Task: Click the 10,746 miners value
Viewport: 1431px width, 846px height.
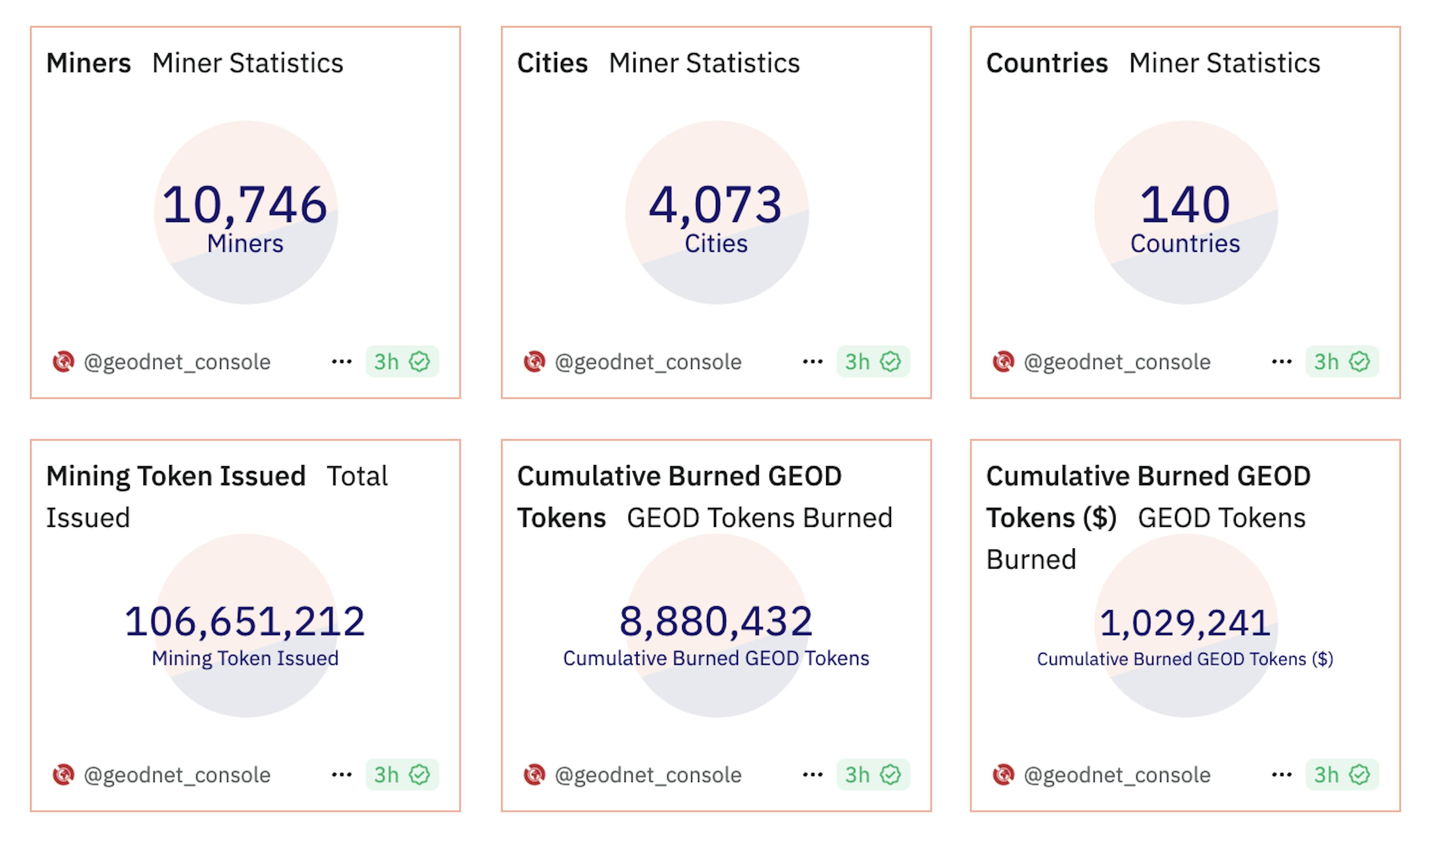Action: click(x=245, y=205)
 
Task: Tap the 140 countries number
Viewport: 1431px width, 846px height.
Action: click(x=1185, y=205)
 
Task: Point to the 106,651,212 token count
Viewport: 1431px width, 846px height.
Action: click(x=245, y=621)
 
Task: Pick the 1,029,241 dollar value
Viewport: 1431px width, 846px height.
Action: click(x=1185, y=623)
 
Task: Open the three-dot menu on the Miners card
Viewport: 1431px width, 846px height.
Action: click(x=342, y=362)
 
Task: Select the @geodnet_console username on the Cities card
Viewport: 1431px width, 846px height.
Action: click(x=648, y=362)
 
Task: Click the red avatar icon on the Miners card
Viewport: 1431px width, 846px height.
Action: click(x=63, y=362)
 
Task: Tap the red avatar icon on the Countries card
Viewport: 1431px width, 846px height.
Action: click(x=1003, y=362)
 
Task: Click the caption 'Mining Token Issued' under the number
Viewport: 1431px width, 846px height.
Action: click(x=245, y=658)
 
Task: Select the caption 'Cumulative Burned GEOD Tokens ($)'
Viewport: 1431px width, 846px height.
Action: click(x=1185, y=659)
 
